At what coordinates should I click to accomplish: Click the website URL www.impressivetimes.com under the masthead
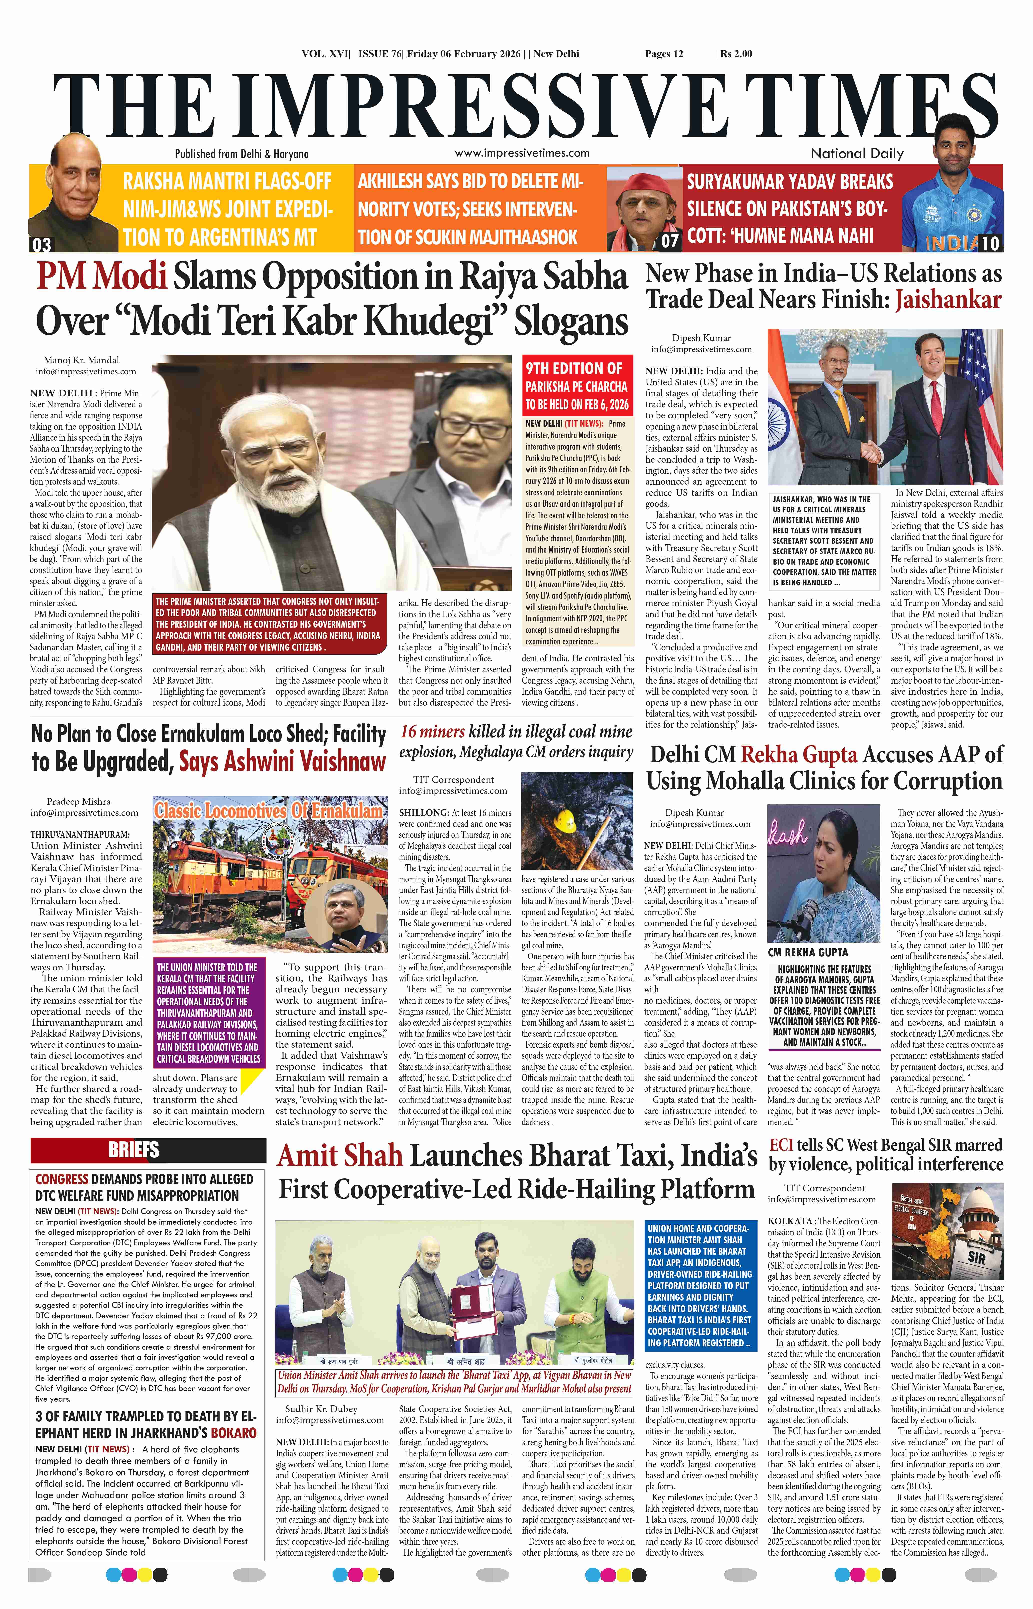coord(522,153)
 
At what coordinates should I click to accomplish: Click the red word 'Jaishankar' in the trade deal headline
coord(948,300)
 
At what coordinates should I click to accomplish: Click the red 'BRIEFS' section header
coord(133,1150)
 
